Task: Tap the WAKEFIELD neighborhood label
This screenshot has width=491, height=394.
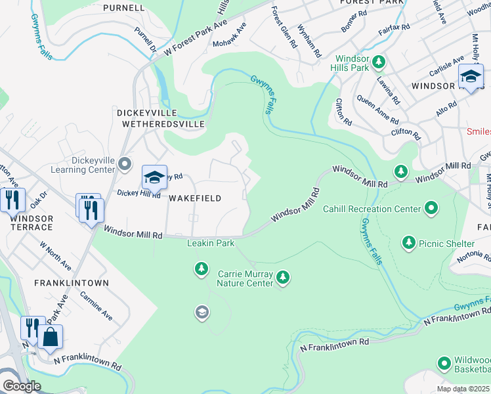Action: pyautogui.click(x=194, y=198)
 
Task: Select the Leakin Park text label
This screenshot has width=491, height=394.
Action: pyautogui.click(x=211, y=243)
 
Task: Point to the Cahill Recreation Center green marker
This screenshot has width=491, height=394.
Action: pyautogui.click(x=431, y=209)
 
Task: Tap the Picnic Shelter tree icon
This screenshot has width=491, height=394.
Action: pyautogui.click(x=409, y=243)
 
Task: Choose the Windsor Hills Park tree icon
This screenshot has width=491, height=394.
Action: pyautogui.click(x=378, y=63)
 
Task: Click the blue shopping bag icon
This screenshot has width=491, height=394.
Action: pyautogui.click(x=51, y=338)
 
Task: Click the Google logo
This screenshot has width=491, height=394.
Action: pyautogui.click(x=22, y=385)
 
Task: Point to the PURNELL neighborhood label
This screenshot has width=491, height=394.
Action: pyautogui.click(x=123, y=8)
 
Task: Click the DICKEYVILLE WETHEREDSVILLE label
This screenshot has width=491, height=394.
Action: pyautogui.click(x=161, y=118)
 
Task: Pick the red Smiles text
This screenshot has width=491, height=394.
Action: pyautogui.click(x=478, y=131)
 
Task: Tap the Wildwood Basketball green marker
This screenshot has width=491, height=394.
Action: pyautogui.click(x=444, y=362)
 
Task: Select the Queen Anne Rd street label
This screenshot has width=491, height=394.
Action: pyautogui.click(x=377, y=110)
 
